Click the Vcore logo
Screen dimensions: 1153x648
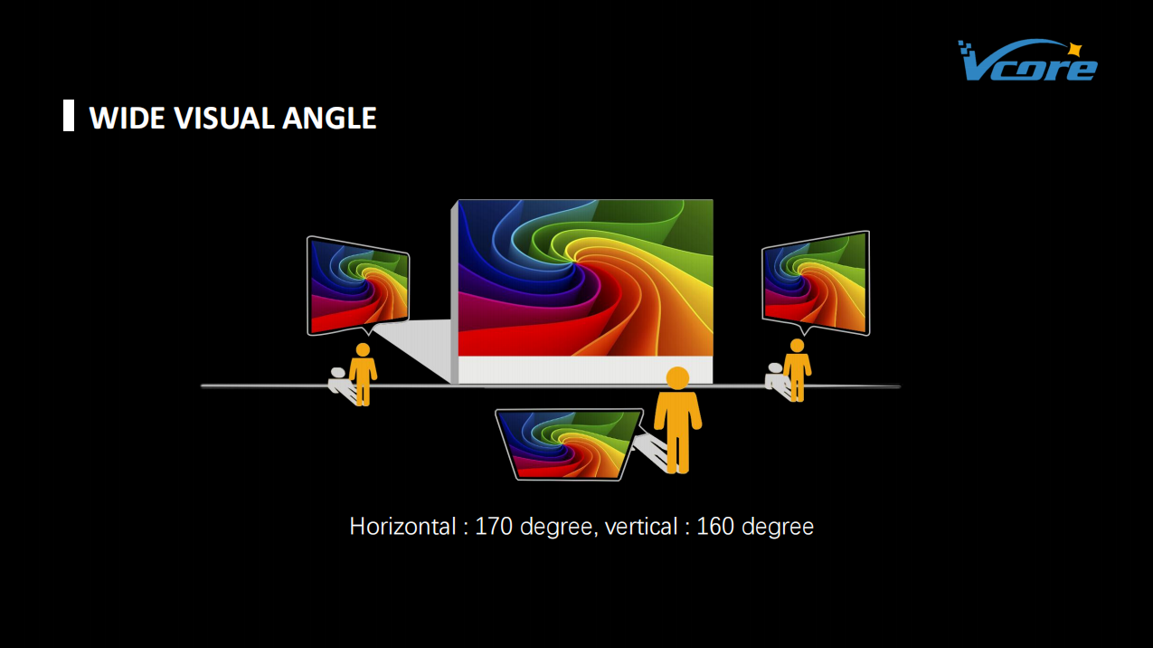click(x=1027, y=61)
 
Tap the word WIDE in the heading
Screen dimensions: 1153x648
click(x=128, y=118)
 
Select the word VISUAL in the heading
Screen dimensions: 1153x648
click(x=225, y=118)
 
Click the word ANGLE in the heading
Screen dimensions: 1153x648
click(x=329, y=118)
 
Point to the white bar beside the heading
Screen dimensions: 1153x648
click(x=69, y=115)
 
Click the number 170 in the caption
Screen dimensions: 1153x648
click(x=494, y=527)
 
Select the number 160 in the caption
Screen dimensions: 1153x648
click(x=715, y=527)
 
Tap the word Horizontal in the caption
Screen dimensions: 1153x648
click(x=402, y=527)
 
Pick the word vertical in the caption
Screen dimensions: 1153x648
click(x=641, y=527)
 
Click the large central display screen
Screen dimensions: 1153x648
click(x=586, y=278)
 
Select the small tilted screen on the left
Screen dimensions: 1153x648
click(x=358, y=285)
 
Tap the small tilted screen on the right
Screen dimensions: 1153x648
click(x=816, y=282)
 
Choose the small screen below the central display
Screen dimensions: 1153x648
click(x=569, y=444)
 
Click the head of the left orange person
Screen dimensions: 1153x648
click(x=363, y=349)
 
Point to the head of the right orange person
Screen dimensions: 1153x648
click(x=798, y=346)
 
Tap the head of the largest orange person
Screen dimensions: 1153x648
click(x=677, y=378)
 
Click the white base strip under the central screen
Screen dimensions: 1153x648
click(x=586, y=370)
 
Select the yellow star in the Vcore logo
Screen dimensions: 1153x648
click(x=1074, y=50)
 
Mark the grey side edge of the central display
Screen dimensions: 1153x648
click(x=455, y=292)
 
